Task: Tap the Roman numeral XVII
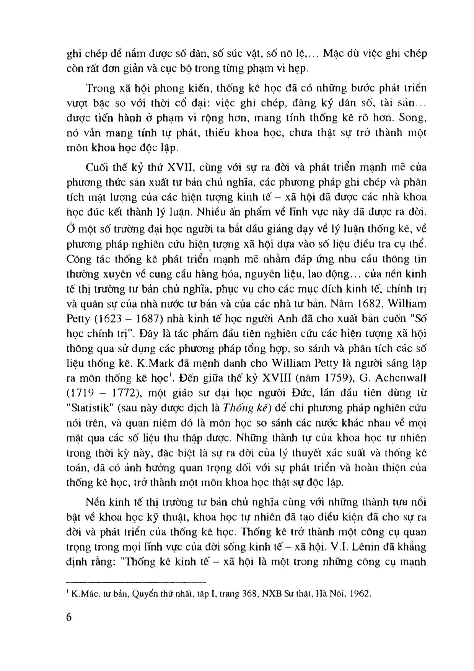coord(166,168)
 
